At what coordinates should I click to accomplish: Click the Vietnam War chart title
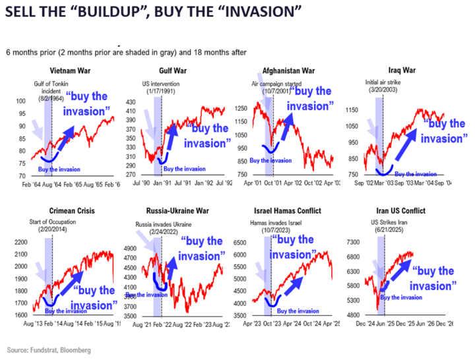pos(71,71)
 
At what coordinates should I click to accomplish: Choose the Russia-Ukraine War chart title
pos(177,212)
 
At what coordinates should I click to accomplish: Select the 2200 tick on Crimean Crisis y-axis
pos(21,243)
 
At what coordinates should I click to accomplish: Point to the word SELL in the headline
pos(24,13)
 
